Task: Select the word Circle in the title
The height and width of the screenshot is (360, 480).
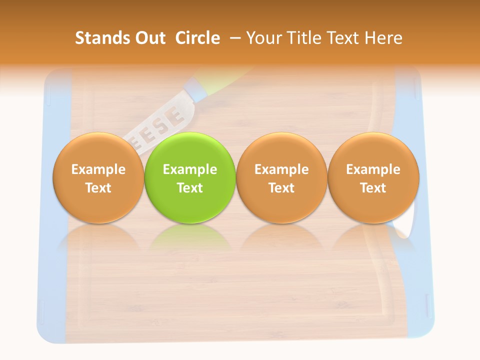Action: tap(197, 38)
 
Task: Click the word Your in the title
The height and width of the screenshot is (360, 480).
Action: tap(262, 38)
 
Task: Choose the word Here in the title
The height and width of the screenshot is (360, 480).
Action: tap(383, 38)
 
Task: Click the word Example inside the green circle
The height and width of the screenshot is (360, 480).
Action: tap(190, 169)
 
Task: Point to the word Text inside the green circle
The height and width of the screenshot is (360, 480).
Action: tap(190, 188)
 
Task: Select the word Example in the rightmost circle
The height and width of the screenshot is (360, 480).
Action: tap(373, 169)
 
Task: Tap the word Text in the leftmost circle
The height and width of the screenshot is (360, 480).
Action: tap(98, 188)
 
